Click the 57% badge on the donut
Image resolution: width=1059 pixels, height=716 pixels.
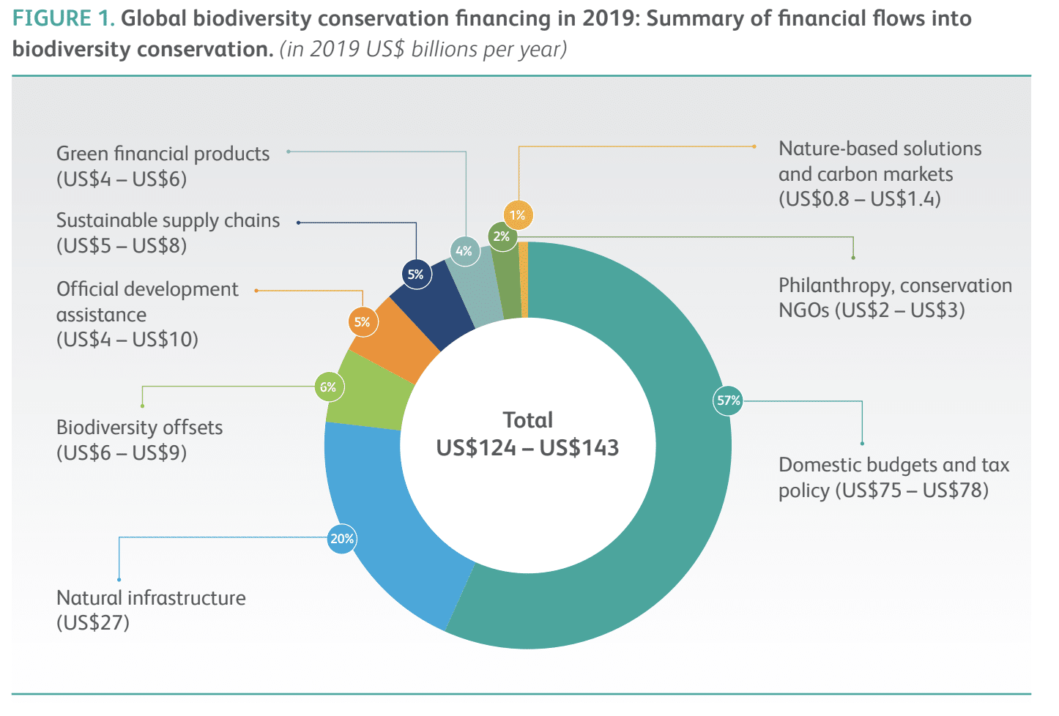[x=728, y=400]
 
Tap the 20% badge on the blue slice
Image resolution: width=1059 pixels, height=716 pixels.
[x=342, y=539]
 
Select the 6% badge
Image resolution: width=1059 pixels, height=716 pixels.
[x=328, y=387]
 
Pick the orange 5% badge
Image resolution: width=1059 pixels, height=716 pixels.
[x=363, y=322]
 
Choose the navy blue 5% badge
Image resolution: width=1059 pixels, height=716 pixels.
[x=416, y=275]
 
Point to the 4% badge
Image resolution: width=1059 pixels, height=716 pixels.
[x=464, y=251]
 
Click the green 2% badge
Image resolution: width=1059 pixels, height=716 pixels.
[x=502, y=236]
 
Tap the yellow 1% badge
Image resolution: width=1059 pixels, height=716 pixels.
[x=518, y=215]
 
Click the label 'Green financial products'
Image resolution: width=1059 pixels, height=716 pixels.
[x=163, y=154]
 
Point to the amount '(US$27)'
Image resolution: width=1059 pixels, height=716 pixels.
[x=93, y=623]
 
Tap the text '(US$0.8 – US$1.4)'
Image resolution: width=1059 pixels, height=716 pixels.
[x=860, y=199]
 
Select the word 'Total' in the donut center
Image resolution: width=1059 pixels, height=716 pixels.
[x=527, y=420]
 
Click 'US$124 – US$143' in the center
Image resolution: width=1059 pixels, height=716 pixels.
[x=527, y=448]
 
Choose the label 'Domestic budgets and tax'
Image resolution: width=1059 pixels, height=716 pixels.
[x=893, y=465]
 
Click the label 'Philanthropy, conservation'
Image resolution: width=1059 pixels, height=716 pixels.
[x=895, y=286]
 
